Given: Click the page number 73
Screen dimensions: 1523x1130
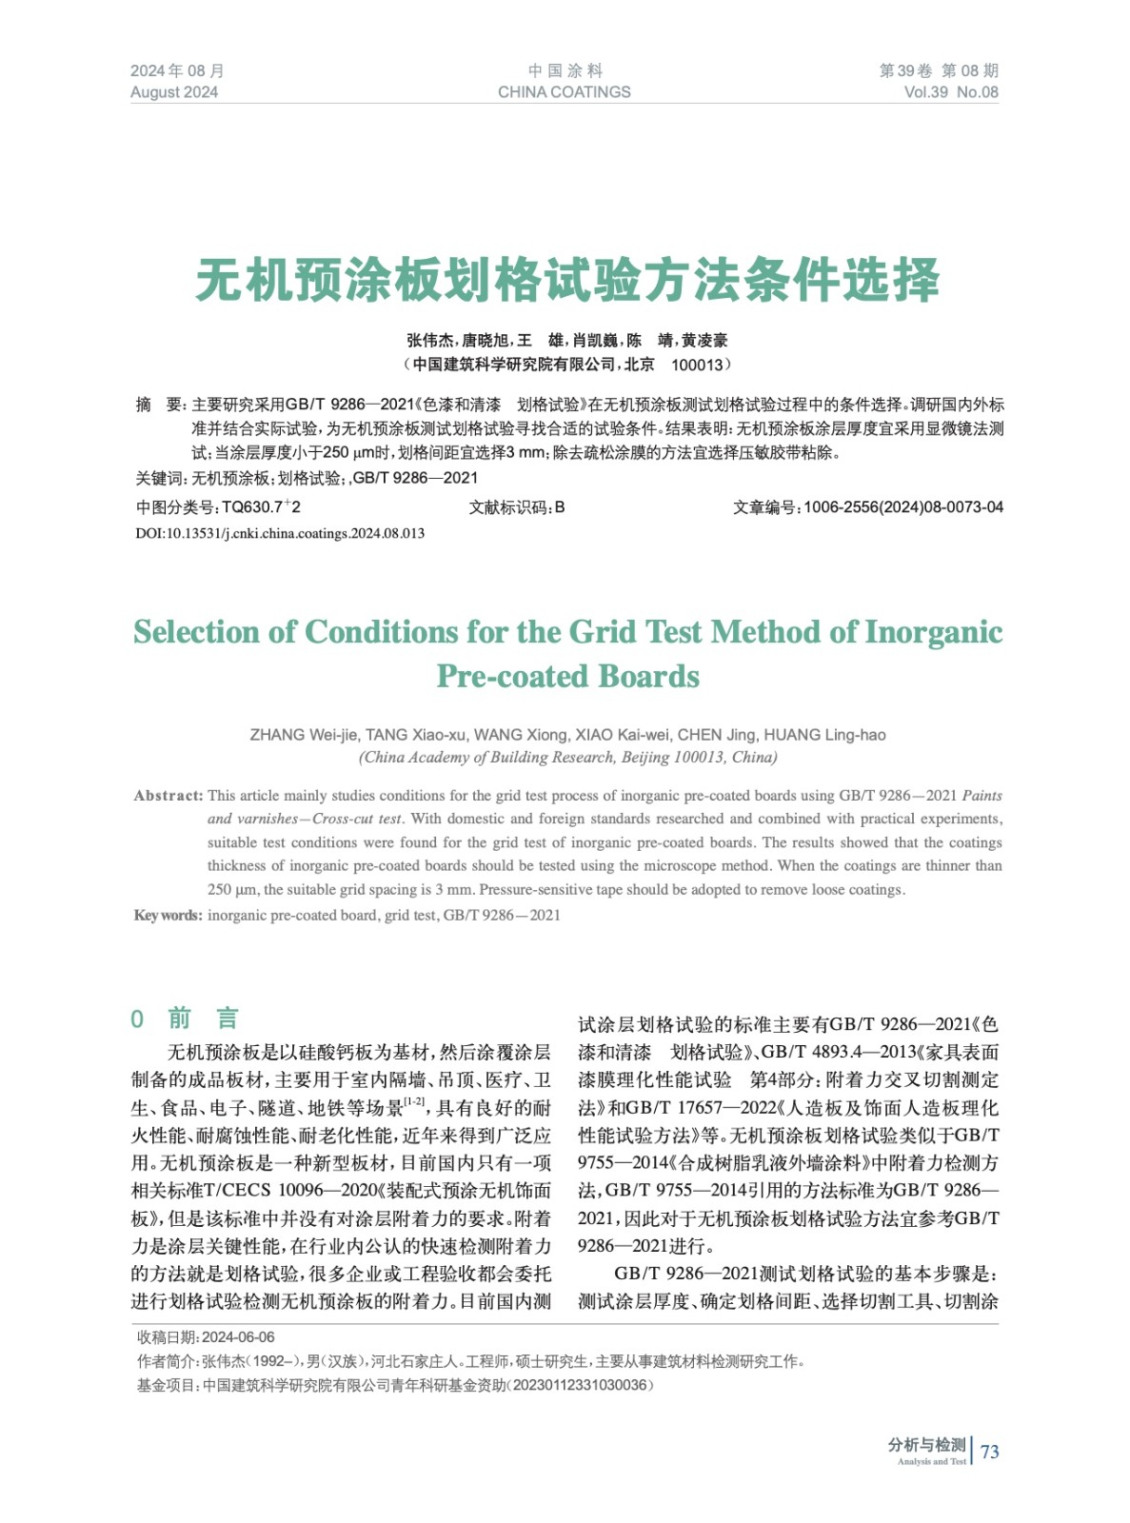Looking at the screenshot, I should [x=990, y=1452].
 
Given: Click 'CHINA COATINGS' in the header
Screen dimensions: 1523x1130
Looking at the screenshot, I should [x=564, y=92].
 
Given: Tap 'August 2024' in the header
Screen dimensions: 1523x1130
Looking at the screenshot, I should [x=174, y=92].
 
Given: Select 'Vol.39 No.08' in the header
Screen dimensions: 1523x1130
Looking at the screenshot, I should [x=950, y=92].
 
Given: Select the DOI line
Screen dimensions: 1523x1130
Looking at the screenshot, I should [x=280, y=533].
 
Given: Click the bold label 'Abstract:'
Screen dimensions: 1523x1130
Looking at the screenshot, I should [x=169, y=796].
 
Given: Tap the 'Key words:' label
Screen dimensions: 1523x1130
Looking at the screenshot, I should [x=168, y=916].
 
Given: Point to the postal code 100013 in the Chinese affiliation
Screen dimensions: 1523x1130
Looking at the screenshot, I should [x=697, y=365].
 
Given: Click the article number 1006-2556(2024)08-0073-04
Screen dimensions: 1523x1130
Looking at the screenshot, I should [x=902, y=507].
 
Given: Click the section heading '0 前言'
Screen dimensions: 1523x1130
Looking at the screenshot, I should [x=185, y=1019].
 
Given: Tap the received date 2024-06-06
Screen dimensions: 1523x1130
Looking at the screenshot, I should [x=238, y=1337].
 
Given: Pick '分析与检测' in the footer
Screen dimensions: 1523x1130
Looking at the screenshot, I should [x=926, y=1445].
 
